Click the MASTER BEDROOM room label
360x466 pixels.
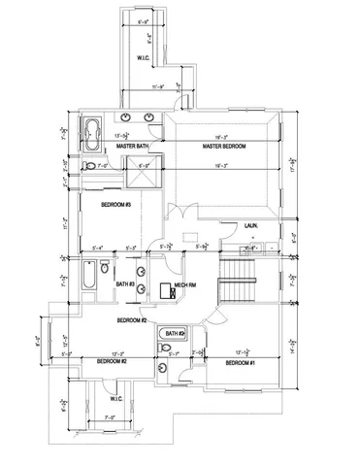pos(223,147)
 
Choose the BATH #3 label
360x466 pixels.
pos(124,284)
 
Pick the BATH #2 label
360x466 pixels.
pos(175,333)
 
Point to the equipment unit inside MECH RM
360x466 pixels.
pos(164,289)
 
